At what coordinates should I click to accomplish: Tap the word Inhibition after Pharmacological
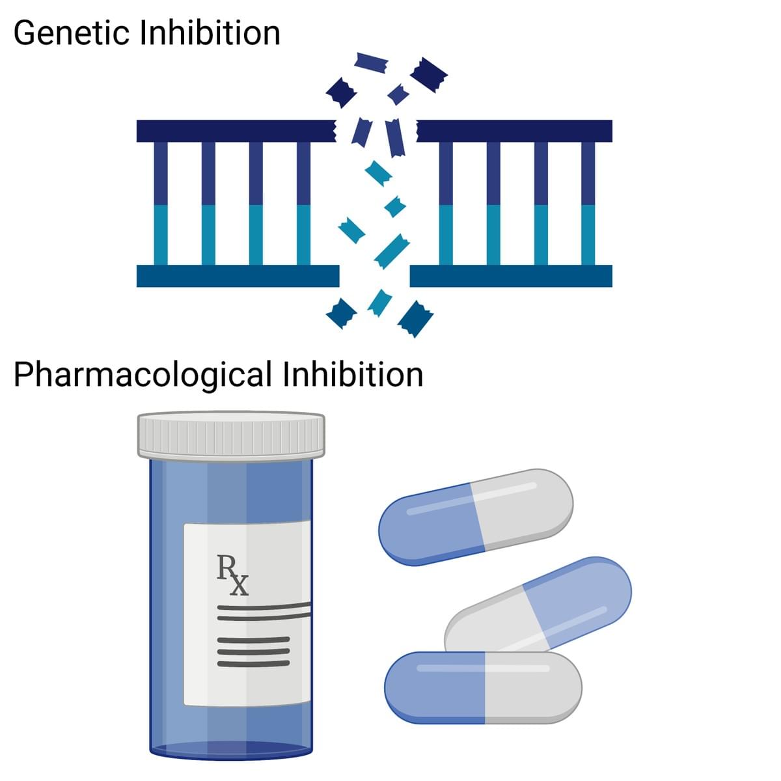click(353, 375)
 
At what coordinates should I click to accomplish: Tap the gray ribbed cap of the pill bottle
click(231, 434)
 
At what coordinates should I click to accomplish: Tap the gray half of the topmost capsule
click(524, 504)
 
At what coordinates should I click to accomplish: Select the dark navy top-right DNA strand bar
click(514, 131)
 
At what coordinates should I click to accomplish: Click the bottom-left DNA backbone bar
click(238, 276)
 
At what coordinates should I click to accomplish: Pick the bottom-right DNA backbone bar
click(511, 276)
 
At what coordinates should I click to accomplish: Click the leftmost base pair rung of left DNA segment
click(161, 203)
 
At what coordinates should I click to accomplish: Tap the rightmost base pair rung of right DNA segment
click(588, 203)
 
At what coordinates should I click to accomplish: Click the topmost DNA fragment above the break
click(371, 61)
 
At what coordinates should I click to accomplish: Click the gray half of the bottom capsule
click(532, 687)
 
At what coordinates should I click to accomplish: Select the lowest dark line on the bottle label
click(253, 663)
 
